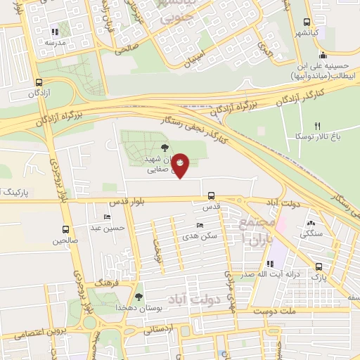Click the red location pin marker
[x=181, y=165]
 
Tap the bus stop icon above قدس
[x=212, y=196]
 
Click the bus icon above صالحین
[x=65, y=230]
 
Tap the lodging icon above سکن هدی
[x=200, y=226]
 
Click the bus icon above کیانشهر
[x=308, y=22]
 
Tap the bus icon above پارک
[x=319, y=266]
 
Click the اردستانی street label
[x=158, y=328]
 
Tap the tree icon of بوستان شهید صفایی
[x=165, y=147]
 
